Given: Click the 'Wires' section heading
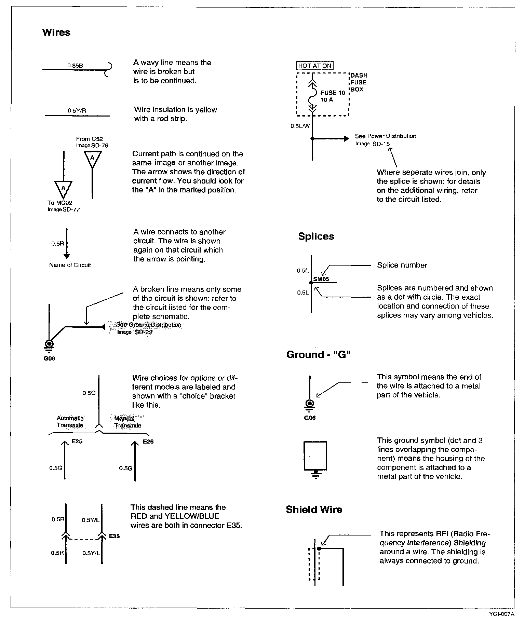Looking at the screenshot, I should coord(56,32).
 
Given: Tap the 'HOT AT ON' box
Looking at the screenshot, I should coord(315,66).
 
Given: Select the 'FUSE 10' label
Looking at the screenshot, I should coord(333,93).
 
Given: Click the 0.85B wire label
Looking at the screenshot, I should coord(75,65).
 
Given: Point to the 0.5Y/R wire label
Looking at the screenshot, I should coord(77,111).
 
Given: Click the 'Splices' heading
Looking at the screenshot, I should coord(316,236).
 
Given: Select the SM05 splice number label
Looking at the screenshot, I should coord(321,279).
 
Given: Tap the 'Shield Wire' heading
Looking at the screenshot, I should coord(314,510).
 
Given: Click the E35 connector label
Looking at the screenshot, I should coord(115,536).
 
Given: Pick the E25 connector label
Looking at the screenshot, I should coord(77,442).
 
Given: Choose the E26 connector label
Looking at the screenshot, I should coord(148,442).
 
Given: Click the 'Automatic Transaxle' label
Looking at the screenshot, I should coord(70,422).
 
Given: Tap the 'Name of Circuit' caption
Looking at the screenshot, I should coord(70,265).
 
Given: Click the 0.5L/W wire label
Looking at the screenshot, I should coord(300,126).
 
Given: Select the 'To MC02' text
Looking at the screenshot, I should coord(60,203).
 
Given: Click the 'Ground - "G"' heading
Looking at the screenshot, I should coord(319,355).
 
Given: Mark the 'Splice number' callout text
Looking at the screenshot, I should coord(402,265).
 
